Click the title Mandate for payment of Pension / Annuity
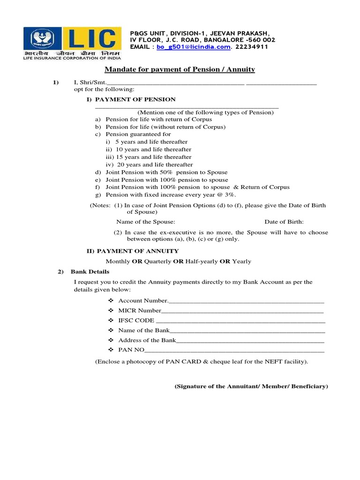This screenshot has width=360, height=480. [x=180, y=69]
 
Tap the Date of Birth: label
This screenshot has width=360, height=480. [x=284, y=222]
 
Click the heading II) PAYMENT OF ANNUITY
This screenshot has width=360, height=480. [x=133, y=251]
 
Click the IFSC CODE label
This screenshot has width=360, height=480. [x=136, y=321]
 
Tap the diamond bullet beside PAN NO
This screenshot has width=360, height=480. [x=111, y=350]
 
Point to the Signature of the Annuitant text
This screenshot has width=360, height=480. [x=251, y=386]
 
